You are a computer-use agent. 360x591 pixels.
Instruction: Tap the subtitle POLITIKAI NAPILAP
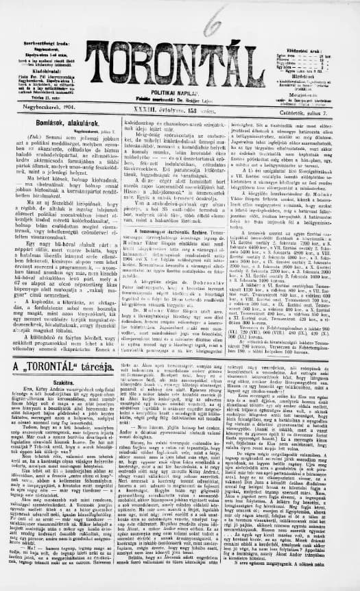pos(180,77)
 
